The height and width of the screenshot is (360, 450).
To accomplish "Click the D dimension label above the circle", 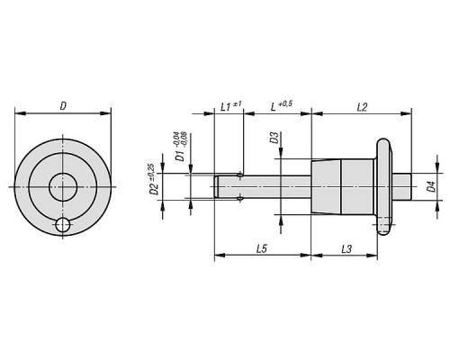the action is (63, 106).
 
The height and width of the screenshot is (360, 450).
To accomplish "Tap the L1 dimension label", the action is (226, 107).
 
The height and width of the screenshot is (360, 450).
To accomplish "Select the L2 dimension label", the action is (362, 107).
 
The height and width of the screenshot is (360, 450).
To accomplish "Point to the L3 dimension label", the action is (346, 248).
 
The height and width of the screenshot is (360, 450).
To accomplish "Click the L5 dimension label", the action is (262, 248).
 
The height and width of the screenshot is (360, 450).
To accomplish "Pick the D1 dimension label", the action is (180, 156).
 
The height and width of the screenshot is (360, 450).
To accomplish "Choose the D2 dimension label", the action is (154, 190).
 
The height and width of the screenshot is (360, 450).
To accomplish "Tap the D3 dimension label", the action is (274, 138).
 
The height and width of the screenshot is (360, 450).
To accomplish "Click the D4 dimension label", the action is (431, 186).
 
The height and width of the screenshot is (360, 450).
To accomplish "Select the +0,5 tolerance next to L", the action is (285, 103).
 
